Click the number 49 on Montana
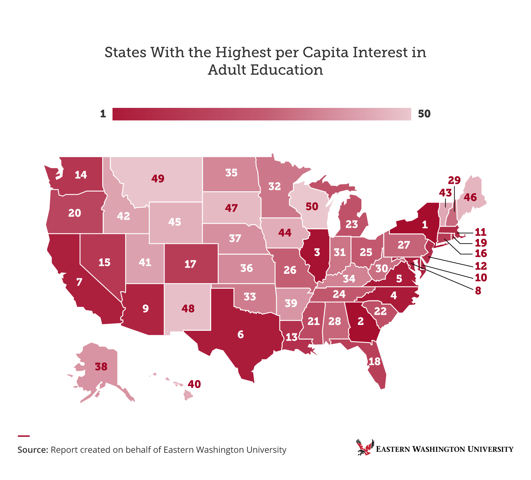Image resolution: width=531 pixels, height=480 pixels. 158,179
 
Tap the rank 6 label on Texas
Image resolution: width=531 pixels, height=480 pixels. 241,335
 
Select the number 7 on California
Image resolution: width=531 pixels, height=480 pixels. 79,282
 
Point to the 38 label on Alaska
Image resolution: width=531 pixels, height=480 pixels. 101,367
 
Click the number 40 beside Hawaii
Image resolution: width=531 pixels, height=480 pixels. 194,384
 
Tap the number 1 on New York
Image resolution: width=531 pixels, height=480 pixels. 424,225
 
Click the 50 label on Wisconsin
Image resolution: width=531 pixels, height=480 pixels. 312,206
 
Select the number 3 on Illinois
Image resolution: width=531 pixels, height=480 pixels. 317,253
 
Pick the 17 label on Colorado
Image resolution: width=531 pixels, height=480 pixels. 190,264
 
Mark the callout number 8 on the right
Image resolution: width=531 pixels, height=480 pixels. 478,291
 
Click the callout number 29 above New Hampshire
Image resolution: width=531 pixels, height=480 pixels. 454,181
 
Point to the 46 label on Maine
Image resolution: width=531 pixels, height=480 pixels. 470,198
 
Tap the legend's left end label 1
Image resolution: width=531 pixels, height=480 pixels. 103,114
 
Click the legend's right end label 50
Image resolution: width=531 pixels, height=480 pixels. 424,114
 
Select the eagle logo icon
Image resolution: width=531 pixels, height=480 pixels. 365,447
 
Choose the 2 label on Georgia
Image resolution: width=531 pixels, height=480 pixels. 360,321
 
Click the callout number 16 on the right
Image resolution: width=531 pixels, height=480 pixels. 481,254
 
